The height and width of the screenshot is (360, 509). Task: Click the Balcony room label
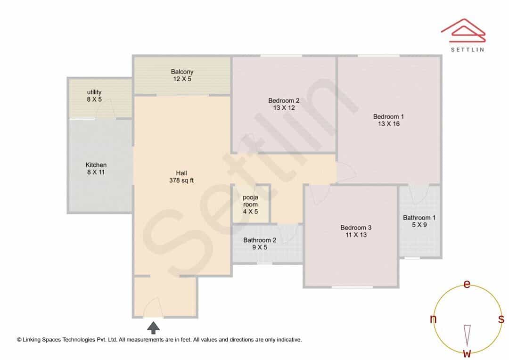click(182, 75)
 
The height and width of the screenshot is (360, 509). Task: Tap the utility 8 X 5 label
click(94, 96)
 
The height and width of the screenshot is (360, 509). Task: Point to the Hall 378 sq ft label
click(181, 177)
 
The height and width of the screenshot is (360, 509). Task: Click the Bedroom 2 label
click(284, 104)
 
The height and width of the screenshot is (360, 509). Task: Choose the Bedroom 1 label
click(388, 120)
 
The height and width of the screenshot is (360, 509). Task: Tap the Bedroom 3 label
click(356, 231)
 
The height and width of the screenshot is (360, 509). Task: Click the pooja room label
click(250, 205)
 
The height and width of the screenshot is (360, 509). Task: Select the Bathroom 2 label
click(260, 244)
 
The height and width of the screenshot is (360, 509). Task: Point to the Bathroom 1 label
click(419, 221)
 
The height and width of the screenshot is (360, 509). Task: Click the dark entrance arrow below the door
click(153, 328)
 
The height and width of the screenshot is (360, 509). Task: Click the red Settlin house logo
click(463, 31)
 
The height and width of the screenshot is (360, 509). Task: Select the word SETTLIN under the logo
click(468, 49)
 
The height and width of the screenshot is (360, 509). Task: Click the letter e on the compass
click(467, 284)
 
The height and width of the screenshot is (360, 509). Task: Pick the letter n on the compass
click(433, 319)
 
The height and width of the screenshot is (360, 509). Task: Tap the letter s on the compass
click(501, 319)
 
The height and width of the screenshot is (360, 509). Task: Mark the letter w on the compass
click(467, 353)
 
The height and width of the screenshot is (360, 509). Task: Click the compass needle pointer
click(467, 335)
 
